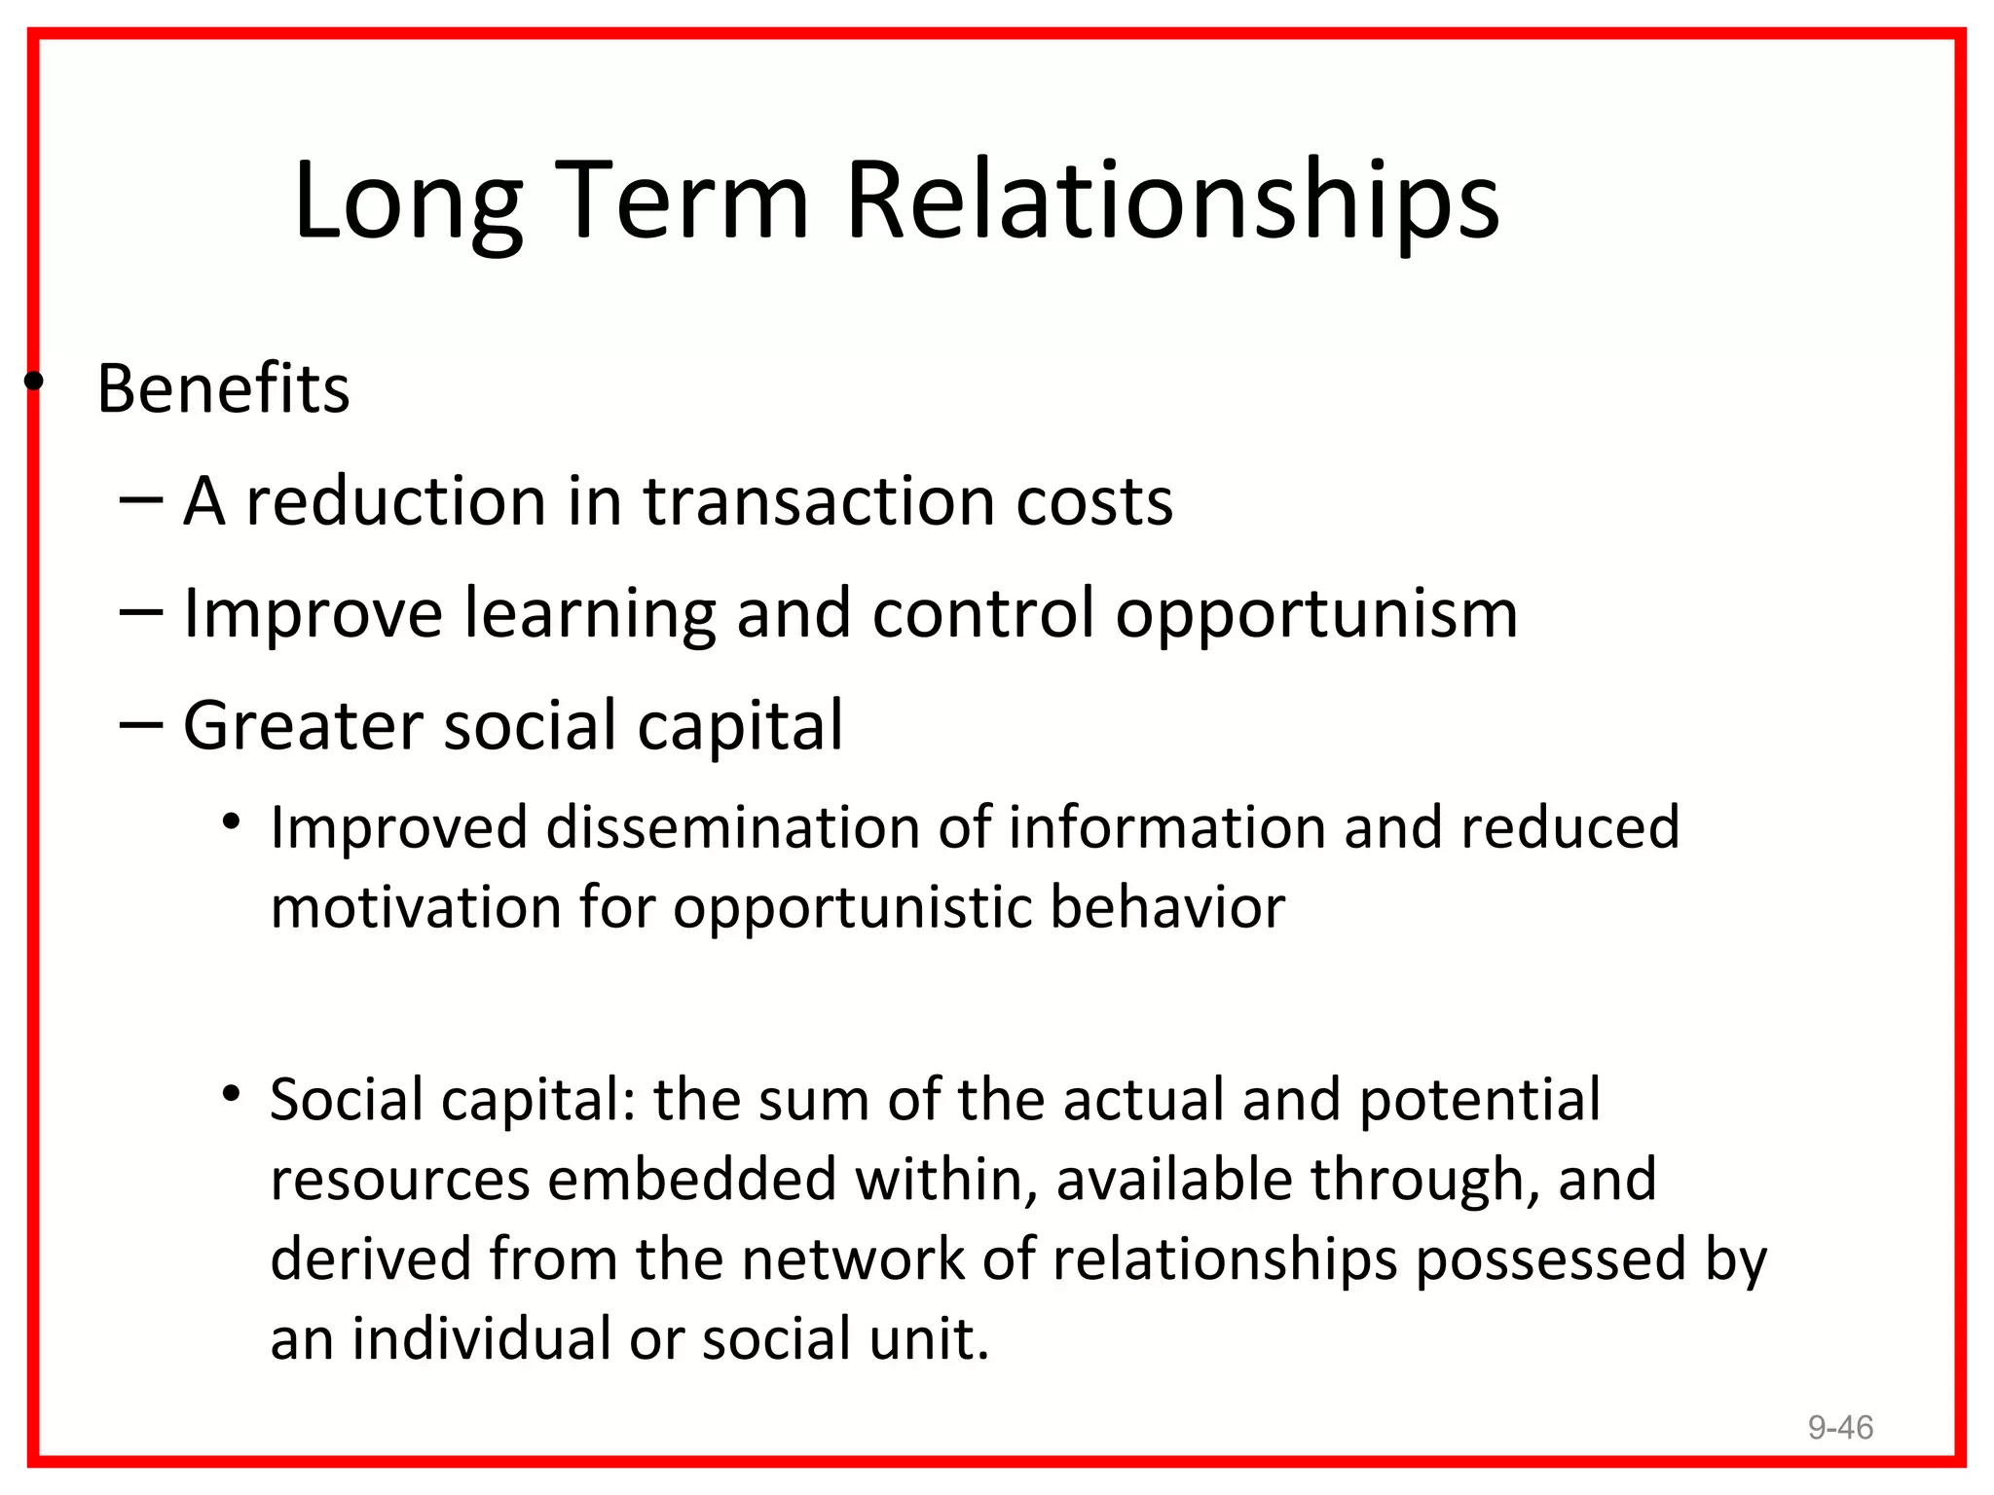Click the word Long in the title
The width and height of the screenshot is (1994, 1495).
pos(407,202)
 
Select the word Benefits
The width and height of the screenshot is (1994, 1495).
pos(223,389)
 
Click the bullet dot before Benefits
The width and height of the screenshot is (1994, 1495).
pos(34,382)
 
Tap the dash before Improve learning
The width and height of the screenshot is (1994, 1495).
pos(140,613)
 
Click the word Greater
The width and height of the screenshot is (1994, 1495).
pos(303,727)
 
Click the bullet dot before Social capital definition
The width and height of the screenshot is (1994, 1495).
pos(231,1094)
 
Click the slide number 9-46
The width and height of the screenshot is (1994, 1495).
pos(1840,1427)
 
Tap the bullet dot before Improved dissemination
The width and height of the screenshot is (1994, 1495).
pos(231,822)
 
